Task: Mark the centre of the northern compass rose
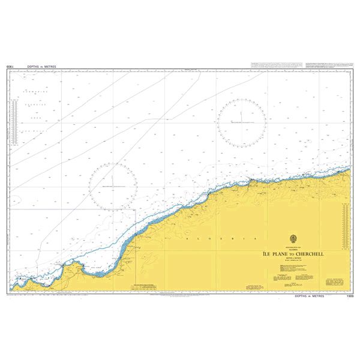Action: pyautogui.click(x=242, y=122)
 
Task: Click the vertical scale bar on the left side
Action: pyautogui.click(x=19, y=123)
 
